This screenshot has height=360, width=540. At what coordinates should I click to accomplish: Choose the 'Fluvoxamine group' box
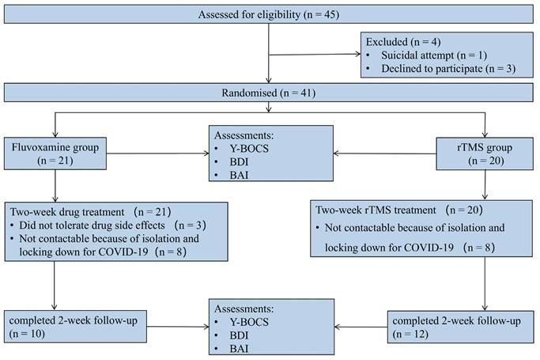click(x=56, y=155)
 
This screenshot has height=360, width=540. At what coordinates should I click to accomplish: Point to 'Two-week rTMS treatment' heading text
click(x=371, y=210)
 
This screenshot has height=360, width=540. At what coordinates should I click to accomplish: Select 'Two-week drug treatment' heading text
click(x=66, y=212)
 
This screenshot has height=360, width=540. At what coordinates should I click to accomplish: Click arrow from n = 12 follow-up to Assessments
click(x=361, y=324)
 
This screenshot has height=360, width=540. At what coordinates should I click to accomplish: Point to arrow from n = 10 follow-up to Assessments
click(x=177, y=325)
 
